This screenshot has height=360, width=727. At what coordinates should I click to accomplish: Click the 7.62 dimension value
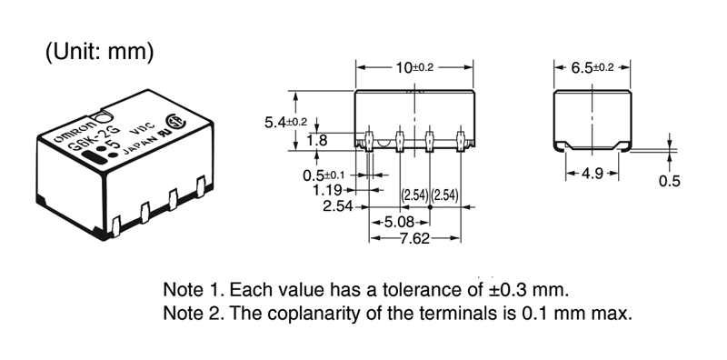(414, 238)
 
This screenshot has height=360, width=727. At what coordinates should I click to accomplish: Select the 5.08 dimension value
(400, 222)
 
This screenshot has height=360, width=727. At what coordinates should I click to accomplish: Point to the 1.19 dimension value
(327, 190)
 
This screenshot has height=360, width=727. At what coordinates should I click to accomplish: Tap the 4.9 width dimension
(593, 174)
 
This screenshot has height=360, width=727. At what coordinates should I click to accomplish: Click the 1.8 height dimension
(317, 140)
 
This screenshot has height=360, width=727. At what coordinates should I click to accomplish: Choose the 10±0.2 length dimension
(414, 68)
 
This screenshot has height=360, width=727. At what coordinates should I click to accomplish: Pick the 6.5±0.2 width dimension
(593, 68)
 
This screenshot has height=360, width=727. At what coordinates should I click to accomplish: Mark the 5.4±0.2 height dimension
(285, 123)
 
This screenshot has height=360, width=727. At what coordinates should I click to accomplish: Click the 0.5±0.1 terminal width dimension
(324, 175)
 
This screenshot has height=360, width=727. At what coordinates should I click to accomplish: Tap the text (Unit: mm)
(99, 52)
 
